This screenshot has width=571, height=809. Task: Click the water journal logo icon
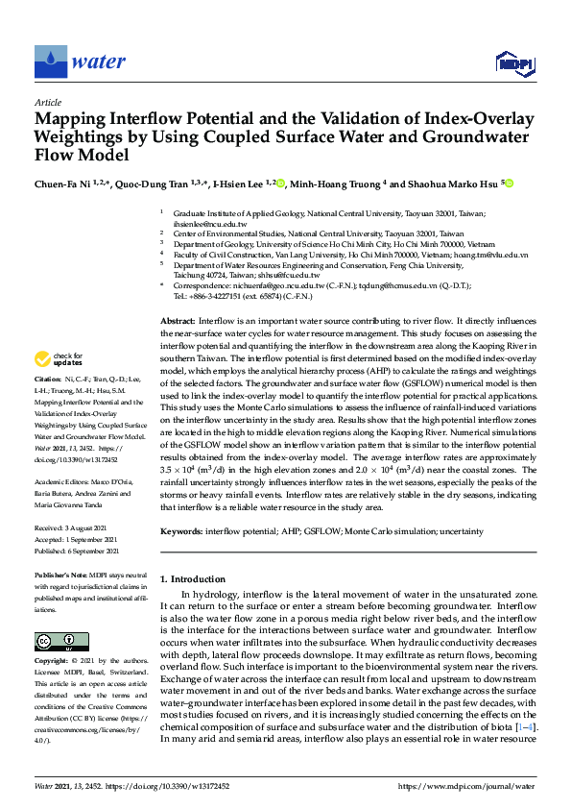click(51, 62)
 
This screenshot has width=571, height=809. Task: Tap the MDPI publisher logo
click(513, 63)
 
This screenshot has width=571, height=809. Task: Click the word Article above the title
click(47, 102)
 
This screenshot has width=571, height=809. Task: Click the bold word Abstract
click(177, 319)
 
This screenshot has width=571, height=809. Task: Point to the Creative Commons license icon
click(56, 641)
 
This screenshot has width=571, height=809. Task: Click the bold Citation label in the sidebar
click(50, 406)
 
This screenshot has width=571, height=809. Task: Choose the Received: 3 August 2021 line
click(77, 528)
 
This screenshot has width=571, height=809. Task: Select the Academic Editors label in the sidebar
click(61, 480)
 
